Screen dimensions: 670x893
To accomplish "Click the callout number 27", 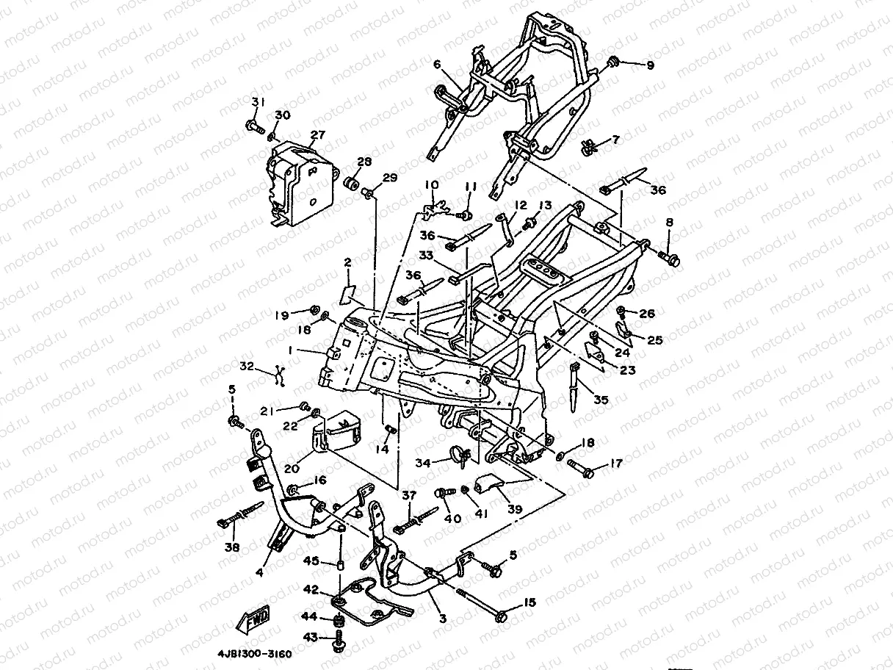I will pos(317,135).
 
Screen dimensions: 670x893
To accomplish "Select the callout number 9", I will pos(649,65).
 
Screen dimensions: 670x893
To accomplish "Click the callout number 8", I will pos(669,222).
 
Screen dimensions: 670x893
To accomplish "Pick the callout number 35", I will pos(601,400).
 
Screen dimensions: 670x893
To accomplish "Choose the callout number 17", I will pos(615,464).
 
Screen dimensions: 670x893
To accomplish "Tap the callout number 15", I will pos(529,602).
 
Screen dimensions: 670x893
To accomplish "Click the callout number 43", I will pos(311,638).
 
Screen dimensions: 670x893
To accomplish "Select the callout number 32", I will pos(247,366).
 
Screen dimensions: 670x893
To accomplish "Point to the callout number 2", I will pos(347,262).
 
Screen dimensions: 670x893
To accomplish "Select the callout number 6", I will pos(437,65).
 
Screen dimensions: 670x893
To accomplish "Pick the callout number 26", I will pos(646,314).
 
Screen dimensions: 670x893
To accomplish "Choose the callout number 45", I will pos(311,561).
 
